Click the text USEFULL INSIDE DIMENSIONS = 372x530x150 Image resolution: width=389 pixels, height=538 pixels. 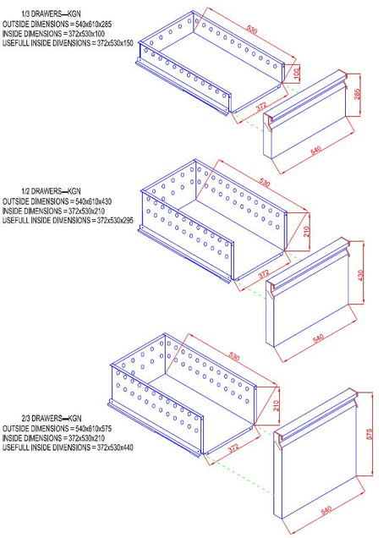[x=68, y=42]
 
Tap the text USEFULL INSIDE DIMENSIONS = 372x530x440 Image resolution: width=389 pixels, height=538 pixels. [x=68, y=449]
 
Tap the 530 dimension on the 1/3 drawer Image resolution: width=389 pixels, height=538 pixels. [x=252, y=30]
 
